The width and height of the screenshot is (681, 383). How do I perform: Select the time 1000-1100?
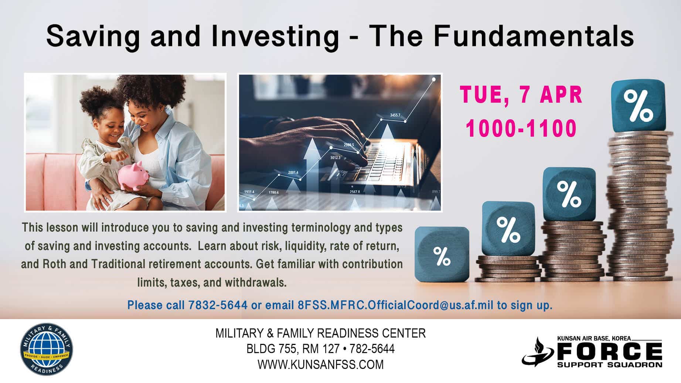pyautogui.click(x=521, y=128)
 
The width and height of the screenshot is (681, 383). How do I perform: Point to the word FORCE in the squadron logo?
pyautogui.click(x=609, y=352)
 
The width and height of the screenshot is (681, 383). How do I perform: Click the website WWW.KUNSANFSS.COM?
pyautogui.click(x=320, y=365)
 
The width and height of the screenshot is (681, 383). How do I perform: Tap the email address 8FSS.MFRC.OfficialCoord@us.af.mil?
pyautogui.click(x=395, y=305)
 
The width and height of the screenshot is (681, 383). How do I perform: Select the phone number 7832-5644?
pyautogui.click(x=218, y=305)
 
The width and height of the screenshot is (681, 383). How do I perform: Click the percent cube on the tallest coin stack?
pyautogui.click(x=638, y=106)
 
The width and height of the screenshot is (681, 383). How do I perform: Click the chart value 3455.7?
pyautogui.click(x=395, y=115)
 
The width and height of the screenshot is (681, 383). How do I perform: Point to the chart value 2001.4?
pyautogui.click(x=293, y=172)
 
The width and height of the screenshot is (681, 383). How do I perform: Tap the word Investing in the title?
pyautogui.click(x=275, y=36)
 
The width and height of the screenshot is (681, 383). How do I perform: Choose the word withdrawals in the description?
pyautogui.click(x=255, y=283)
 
